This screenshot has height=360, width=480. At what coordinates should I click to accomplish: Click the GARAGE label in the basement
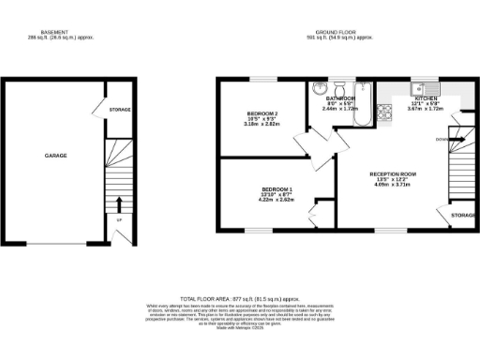[55, 156]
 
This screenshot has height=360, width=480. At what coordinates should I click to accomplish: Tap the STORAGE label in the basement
[120, 110]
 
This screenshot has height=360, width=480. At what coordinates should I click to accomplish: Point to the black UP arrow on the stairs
[120, 203]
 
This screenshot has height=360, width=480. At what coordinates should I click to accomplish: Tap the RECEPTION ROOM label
[392, 174]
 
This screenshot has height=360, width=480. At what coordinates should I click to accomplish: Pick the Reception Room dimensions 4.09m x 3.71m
[392, 186]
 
